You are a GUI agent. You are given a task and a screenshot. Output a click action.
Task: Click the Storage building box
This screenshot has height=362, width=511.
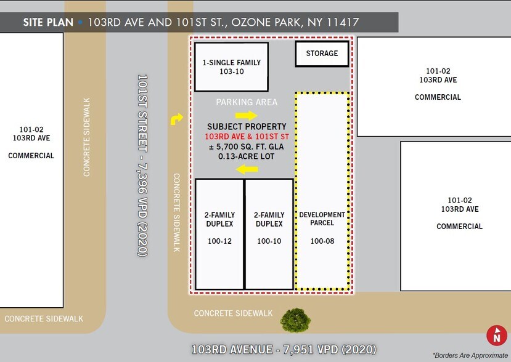322,54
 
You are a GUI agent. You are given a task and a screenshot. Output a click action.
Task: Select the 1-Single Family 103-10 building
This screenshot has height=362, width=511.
231,67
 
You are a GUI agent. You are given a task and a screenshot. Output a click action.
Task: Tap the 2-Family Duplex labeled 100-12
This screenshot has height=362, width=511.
219,234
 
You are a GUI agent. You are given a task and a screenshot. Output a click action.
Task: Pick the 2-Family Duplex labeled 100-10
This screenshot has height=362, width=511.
269,234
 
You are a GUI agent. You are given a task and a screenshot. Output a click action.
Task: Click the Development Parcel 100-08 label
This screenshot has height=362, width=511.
322,228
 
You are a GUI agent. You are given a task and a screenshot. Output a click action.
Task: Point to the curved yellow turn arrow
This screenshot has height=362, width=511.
177,119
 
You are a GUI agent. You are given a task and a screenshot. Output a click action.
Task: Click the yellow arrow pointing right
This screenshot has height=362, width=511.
246,115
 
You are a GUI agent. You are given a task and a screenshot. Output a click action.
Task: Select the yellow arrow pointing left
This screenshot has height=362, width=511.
248,169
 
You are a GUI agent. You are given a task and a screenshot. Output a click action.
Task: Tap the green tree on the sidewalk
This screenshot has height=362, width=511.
295,320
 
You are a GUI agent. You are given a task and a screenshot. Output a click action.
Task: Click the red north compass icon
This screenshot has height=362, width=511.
496,336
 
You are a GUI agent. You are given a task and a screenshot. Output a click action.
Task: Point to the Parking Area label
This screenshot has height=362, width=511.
247,102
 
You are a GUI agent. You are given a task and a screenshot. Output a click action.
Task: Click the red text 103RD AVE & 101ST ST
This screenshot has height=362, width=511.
247,136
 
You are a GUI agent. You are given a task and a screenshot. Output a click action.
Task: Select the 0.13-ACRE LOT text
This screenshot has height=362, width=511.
247,156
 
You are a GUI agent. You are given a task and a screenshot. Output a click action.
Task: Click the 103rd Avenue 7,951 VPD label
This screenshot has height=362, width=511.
284,349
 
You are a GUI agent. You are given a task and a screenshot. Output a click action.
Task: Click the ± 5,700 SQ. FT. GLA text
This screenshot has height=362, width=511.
247,147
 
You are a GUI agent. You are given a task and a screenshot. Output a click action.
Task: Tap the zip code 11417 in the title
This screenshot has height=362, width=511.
343,23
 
